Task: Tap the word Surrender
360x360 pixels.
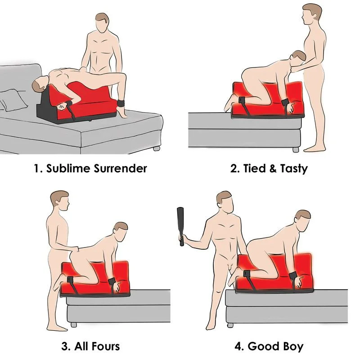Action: (x=120, y=168)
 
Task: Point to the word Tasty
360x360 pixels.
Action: (x=294, y=169)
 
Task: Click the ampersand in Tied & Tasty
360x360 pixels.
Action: (x=273, y=168)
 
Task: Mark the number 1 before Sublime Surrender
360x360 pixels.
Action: (x=37, y=168)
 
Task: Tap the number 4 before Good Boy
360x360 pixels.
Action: (x=239, y=346)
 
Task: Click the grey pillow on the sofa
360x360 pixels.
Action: (x=13, y=101)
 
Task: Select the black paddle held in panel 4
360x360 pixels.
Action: (x=181, y=226)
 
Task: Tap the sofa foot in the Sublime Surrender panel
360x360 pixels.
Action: (x=157, y=148)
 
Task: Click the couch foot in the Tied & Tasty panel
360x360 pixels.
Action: (x=296, y=150)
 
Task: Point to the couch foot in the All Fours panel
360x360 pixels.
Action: (x=74, y=324)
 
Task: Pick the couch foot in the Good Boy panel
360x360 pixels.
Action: (x=230, y=325)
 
